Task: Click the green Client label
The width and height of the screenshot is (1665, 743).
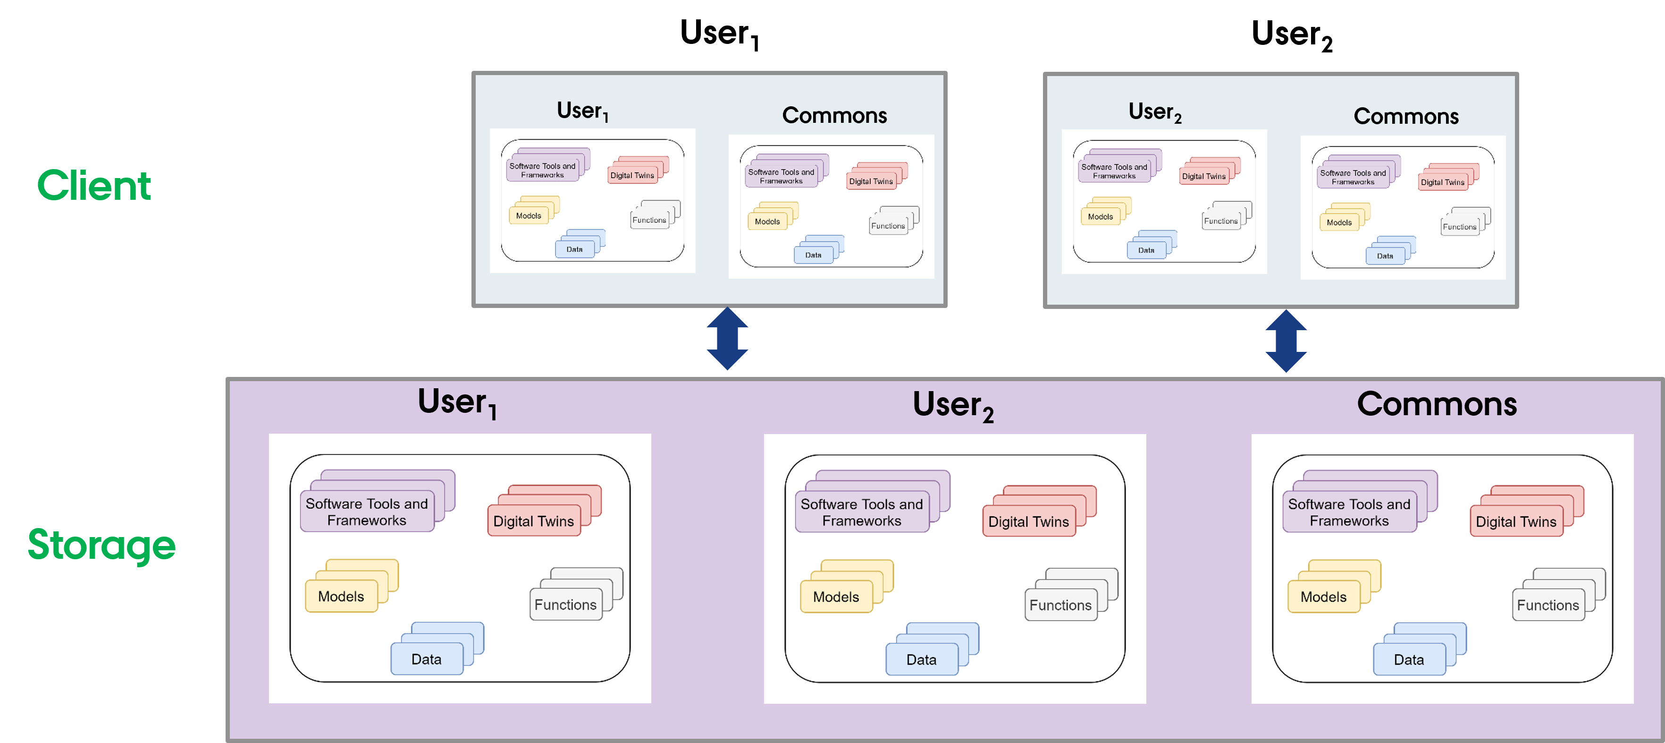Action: [x=94, y=186]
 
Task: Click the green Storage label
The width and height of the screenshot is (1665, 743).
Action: [x=101, y=545]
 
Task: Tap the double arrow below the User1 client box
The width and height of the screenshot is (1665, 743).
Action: [x=727, y=338]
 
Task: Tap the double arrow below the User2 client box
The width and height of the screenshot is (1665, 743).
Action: [x=1286, y=341]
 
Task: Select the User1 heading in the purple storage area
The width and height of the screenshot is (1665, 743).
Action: [x=457, y=402]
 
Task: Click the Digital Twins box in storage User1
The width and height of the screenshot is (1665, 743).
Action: [x=533, y=521]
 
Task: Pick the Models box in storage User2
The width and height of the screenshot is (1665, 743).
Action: [x=836, y=596]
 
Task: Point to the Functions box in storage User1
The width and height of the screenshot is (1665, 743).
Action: [x=565, y=604]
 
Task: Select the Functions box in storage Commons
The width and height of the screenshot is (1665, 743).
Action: [x=1547, y=605]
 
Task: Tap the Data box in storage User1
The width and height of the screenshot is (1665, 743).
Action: [x=426, y=658]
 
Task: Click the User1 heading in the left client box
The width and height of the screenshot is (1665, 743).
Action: [x=582, y=111]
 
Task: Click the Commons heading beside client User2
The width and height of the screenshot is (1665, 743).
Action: [x=1406, y=116]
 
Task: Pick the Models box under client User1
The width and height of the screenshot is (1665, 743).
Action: [x=528, y=215]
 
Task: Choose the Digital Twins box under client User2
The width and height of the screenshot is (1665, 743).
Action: [x=1203, y=176]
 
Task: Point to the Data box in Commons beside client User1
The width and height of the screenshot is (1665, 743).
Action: [x=813, y=255]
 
